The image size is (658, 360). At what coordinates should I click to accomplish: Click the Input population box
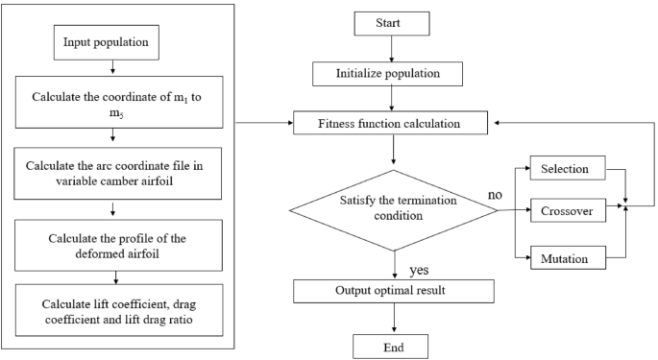pos(114,43)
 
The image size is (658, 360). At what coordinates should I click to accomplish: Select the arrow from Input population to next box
pos(114,69)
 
